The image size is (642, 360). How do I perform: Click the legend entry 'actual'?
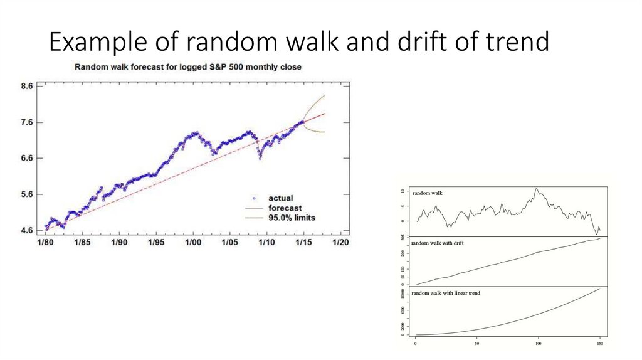pyautogui.click(x=280, y=198)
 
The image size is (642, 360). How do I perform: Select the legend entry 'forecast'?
pyautogui.click(x=285, y=208)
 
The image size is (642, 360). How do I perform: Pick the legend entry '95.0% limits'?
pyautogui.click(x=292, y=218)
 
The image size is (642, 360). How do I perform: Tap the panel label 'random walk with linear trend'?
pyautogui.click(x=446, y=293)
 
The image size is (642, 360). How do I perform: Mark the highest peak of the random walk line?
pyautogui.click(x=536, y=188)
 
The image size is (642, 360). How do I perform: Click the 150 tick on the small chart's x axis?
pyautogui.click(x=599, y=344)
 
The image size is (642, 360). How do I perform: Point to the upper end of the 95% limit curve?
pyautogui.click(x=325, y=95)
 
